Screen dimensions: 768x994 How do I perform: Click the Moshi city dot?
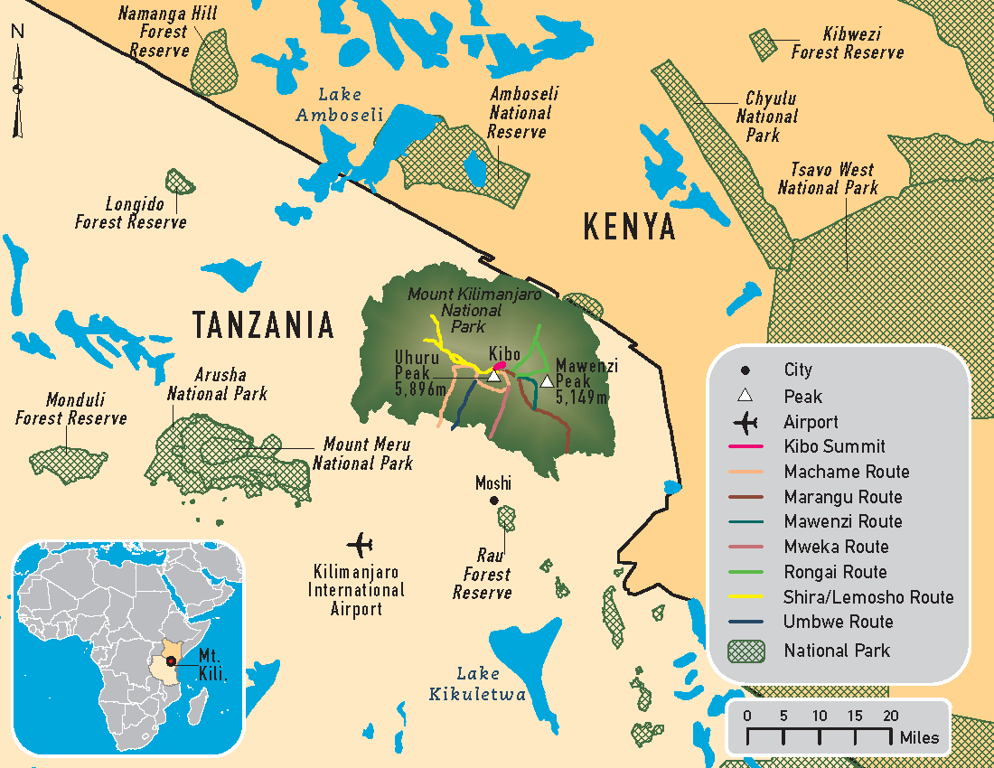[493, 501]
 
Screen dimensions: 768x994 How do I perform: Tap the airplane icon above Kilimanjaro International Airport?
[360, 545]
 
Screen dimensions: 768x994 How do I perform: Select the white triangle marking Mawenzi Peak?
[547, 380]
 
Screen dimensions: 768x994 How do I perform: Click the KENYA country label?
[629, 227]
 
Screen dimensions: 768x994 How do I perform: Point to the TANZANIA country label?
[262, 324]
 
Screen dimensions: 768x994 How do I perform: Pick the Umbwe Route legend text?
[838, 622]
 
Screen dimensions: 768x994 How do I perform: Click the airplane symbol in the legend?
[745, 422]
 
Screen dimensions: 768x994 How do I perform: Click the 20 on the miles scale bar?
[890, 716]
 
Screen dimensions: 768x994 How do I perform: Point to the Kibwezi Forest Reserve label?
[847, 43]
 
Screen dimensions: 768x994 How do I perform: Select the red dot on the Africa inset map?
[170, 663]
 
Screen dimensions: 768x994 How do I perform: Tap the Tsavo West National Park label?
[828, 179]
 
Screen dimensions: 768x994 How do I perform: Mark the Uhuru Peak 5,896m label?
[421, 372]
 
